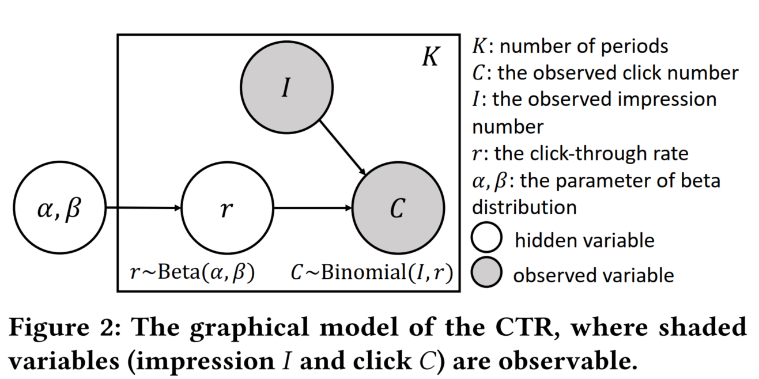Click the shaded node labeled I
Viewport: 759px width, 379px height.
(x=286, y=90)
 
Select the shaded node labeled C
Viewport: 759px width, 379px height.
(x=397, y=209)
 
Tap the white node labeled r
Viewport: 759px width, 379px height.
(x=226, y=209)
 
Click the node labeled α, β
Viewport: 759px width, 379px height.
(x=59, y=209)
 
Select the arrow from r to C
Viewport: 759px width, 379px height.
(x=312, y=209)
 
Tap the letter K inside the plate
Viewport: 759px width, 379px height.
(x=431, y=58)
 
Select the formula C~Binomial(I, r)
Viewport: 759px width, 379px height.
(x=371, y=272)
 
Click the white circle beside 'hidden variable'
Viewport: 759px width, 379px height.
(x=486, y=239)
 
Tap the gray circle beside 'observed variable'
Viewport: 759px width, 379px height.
(x=486, y=274)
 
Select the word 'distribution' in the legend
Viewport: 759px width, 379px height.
(x=524, y=207)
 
